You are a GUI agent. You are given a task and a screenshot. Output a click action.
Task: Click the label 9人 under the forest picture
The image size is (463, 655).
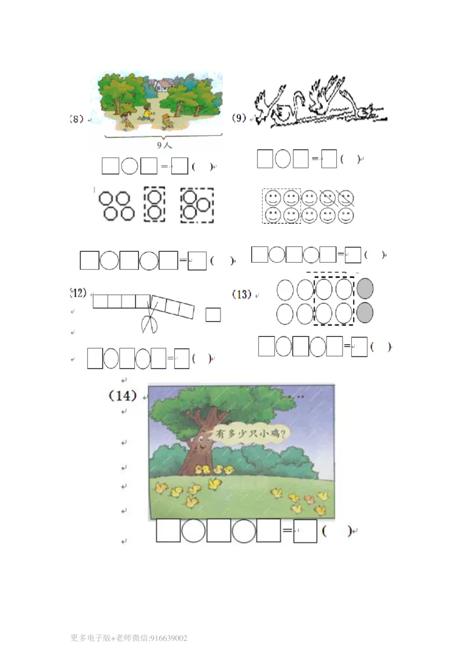pyautogui.click(x=164, y=145)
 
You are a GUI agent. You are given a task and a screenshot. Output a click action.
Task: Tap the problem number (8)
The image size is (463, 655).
pyautogui.click(x=76, y=119)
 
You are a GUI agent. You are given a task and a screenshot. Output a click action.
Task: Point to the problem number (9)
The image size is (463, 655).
pyautogui.click(x=239, y=118)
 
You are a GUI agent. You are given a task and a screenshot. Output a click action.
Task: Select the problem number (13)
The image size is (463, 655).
pyautogui.click(x=242, y=295)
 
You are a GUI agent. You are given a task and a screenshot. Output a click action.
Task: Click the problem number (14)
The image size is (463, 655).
pyautogui.click(x=123, y=395)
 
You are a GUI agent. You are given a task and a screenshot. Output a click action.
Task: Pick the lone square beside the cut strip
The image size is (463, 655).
pyautogui.click(x=213, y=315)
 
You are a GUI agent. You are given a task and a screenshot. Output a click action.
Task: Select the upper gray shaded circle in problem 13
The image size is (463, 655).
pyautogui.click(x=365, y=289)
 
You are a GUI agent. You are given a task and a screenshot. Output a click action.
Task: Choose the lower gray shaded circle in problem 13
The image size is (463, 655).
pyautogui.click(x=365, y=313)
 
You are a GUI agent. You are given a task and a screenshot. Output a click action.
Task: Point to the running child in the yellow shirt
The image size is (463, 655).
pyautogui.click(x=146, y=113)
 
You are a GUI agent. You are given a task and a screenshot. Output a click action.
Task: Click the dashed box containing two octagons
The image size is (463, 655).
pyautogui.click(x=154, y=204)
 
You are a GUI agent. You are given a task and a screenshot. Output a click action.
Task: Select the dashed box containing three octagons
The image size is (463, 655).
pyautogui.click(x=197, y=205)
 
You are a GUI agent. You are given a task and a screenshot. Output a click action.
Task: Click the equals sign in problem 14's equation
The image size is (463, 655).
pyautogui.click(x=287, y=531)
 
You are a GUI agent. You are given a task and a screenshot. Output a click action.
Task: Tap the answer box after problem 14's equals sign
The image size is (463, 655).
pyautogui.click(x=305, y=531)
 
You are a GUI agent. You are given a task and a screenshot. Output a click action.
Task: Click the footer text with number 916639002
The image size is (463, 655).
pyautogui.click(x=128, y=638)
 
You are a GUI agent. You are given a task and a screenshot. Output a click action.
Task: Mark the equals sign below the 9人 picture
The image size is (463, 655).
pyautogui.click(x=164, y=166)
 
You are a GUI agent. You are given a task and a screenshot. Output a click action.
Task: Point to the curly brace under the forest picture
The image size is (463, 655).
pyautogui.click(x=163, y=136)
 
